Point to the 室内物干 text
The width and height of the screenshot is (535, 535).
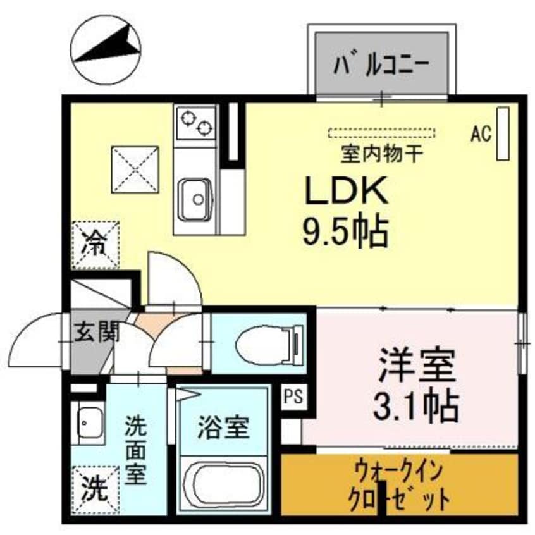378,152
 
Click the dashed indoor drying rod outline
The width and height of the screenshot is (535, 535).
382,133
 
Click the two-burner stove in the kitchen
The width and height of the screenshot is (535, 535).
195,123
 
